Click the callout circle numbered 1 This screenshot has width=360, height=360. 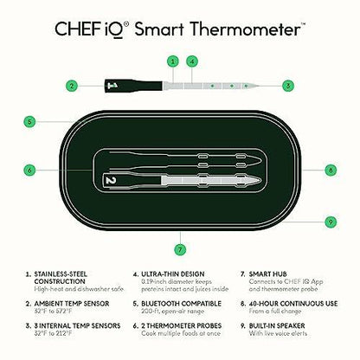(x=173, y=61)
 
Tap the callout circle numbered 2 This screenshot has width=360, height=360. (x=72, y=86)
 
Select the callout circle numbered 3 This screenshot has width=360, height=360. (x=287, y=86)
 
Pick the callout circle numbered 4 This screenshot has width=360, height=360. (x=192, y=61)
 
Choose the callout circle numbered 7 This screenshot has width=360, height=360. (x=179, y=249)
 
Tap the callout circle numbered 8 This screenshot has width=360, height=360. (x=331, y=170)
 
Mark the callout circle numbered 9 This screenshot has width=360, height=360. (x=331, y=222)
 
